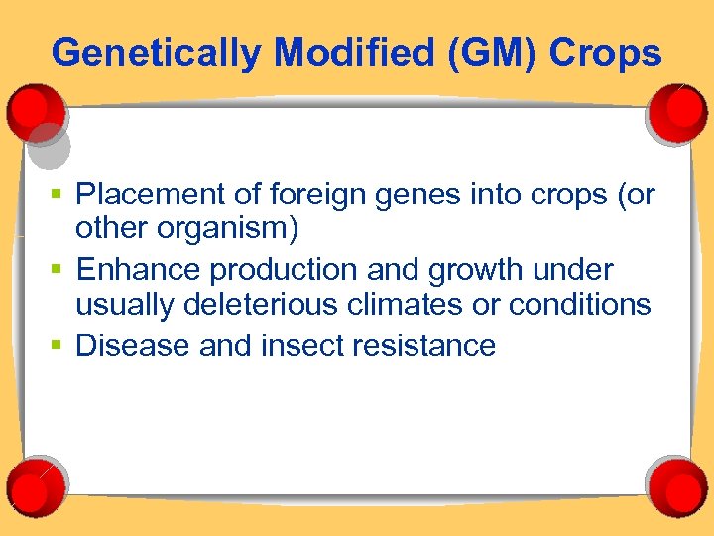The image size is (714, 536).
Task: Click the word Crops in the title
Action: point(607,53)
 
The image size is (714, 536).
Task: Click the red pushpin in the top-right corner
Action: point(678,112)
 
